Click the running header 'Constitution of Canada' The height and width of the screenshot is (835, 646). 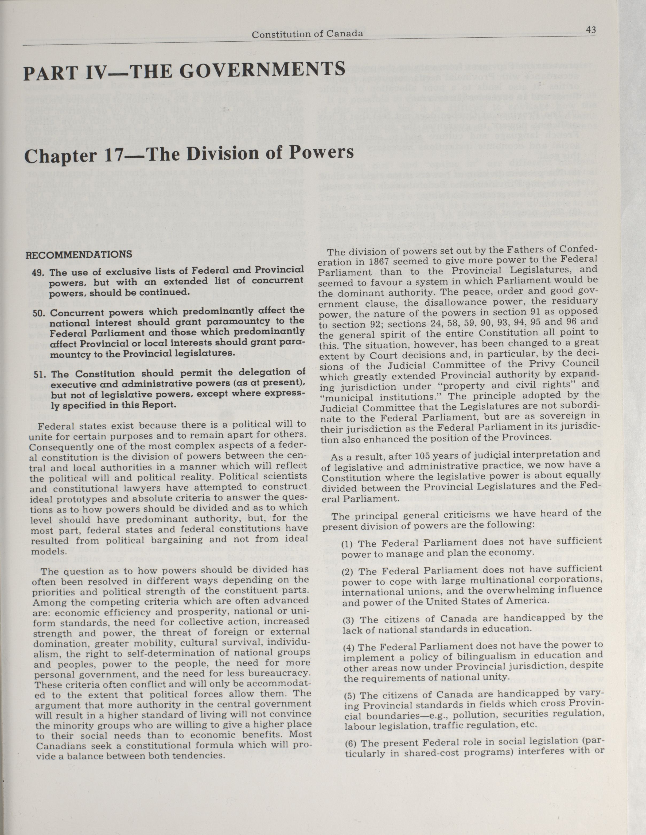[x=307, y=34]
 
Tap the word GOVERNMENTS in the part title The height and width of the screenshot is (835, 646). [x=262, y=71]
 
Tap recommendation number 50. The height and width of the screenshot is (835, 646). [x=40, y=313]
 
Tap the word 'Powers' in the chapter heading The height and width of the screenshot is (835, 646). [x=321, y=153]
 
